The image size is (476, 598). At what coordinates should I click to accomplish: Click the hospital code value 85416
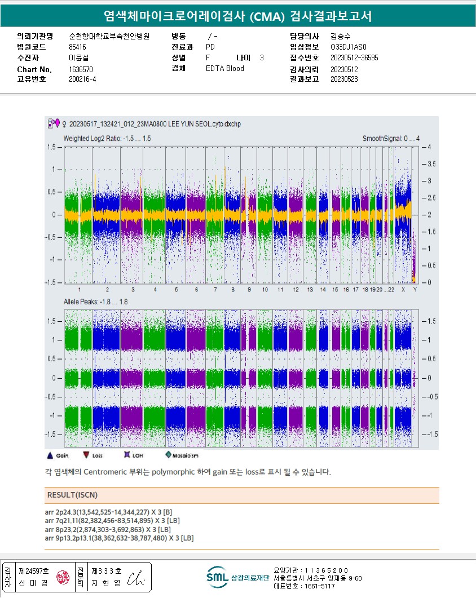coord(77,47)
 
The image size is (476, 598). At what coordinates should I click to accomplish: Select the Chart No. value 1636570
coord(81,69)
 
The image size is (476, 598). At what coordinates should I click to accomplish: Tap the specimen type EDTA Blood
coord(225,69)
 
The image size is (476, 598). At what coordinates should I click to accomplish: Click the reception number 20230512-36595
coord(354,58)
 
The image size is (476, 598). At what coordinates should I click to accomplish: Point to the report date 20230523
coord(344,79)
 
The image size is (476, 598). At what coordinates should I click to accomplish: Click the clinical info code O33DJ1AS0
coord(349,47)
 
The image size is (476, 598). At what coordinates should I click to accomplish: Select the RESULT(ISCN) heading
coord(72,495)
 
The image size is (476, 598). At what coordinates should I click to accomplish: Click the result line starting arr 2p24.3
coord(109,512)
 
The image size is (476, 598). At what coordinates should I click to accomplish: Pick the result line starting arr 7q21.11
coord(112,521)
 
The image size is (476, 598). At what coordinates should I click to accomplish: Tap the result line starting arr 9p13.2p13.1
coord(119,539)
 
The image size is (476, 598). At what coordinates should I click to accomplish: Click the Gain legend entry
coord(58,455)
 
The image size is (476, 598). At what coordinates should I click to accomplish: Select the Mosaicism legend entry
coord(183,455)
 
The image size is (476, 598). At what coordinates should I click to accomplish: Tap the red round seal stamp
coord(63,578)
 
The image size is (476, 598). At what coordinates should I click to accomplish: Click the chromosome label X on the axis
coord(403,289)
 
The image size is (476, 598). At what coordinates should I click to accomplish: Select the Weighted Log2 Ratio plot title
coord(107,138)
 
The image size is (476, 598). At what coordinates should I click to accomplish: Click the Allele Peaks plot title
coord(96,303)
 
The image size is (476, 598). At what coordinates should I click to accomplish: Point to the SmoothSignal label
coord(391,138)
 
